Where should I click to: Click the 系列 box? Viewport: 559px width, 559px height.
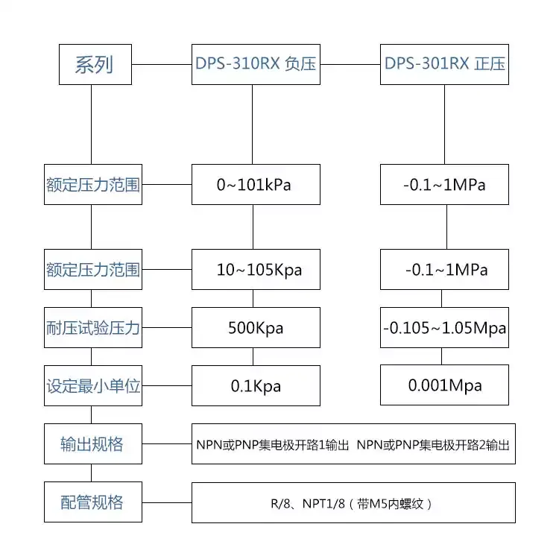click(95, 65)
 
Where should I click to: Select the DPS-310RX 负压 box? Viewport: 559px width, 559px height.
click(256, 65)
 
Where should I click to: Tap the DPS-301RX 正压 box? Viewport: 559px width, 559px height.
click(444, 65)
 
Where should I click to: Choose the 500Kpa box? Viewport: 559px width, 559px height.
click(256, 328)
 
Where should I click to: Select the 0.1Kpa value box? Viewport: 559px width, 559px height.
click(256, 386)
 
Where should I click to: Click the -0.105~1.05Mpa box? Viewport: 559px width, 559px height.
click(444, 328)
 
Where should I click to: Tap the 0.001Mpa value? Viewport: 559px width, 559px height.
click(444, 385)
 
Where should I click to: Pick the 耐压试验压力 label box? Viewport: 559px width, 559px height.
click(93, 328)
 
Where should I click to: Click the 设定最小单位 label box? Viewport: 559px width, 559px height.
click(93, 386)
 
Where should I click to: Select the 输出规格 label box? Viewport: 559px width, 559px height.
click(93, 444)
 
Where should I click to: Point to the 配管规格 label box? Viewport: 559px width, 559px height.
click(93, 502)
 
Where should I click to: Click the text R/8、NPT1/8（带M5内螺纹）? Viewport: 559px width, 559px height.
click(352, 504)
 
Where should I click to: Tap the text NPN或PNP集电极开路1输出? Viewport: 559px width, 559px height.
click(273, 445)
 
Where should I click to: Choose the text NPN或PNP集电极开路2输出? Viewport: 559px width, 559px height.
click(433, 445)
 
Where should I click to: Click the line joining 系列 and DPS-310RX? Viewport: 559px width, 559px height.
click(162, 65)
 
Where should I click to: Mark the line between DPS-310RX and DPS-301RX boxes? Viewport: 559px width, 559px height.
click(350, 65)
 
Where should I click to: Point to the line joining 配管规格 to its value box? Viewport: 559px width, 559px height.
click(167, 502)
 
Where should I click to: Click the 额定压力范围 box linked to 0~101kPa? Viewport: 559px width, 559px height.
click(93, 185)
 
